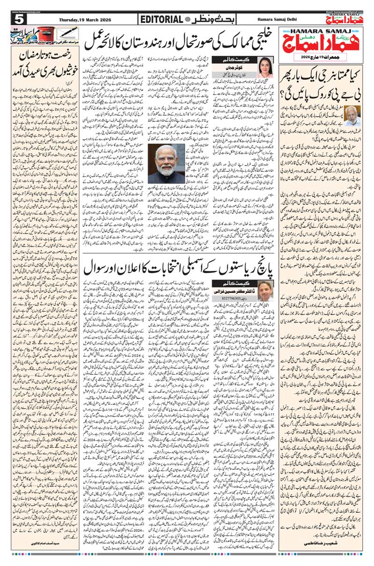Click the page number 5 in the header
[x=19, y=19]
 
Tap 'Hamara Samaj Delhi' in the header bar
[x=277, y=20]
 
